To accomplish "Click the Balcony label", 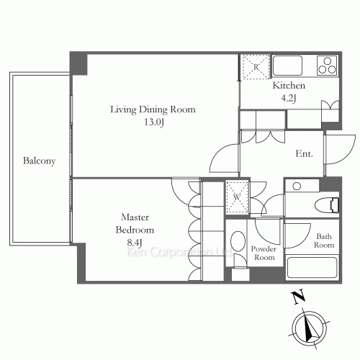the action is pyautogui.click(x=40, y=161).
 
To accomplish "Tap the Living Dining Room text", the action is pyautogui.click(x=153, y=109).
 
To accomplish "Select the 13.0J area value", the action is pyautogui.click(x=154, y=122).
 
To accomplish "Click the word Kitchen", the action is pyautogui.click(x=289, y=86).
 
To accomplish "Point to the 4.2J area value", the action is pyautogui.click(x=289, y=98).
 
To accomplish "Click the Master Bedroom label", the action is pyautogui.click(x=135, y=223).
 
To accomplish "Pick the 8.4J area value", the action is pyautogui.click(x=135, y=243).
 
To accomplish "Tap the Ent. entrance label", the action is pyautogui.click(x=304, y=153).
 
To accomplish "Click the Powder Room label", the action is pyautogui.click(x=264, y=253).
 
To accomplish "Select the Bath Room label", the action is pyautogui.click(x=324, y=240).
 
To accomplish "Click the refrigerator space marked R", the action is pyautogui.click(x=256, y=67).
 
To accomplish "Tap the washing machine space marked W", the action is pyautogui.click(x=237, y=197).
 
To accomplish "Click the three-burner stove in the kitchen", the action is pyautogui.click(x=328, y=65).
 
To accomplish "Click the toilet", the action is pyautogui.click(x=327, y=205).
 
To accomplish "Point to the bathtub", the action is pyautogui.click(x=312, y=268).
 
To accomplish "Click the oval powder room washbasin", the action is pyautogui.click(x=238, y=241).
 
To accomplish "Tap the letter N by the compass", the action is pyautogui.click(x=298, y=297).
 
